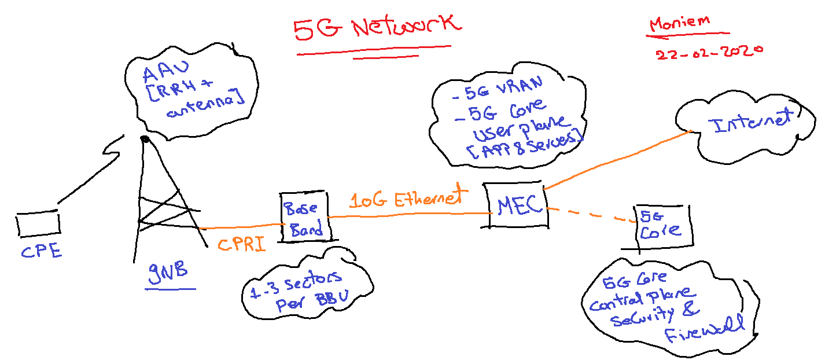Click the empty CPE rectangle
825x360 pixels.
[38, 224]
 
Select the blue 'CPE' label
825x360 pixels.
[41, 252]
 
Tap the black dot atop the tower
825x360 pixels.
[145, 139]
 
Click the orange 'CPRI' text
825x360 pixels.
[242, 244]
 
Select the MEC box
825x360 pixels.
[515, 205]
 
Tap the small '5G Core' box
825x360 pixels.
[658, 224]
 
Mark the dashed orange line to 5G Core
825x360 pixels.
[590, 214]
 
